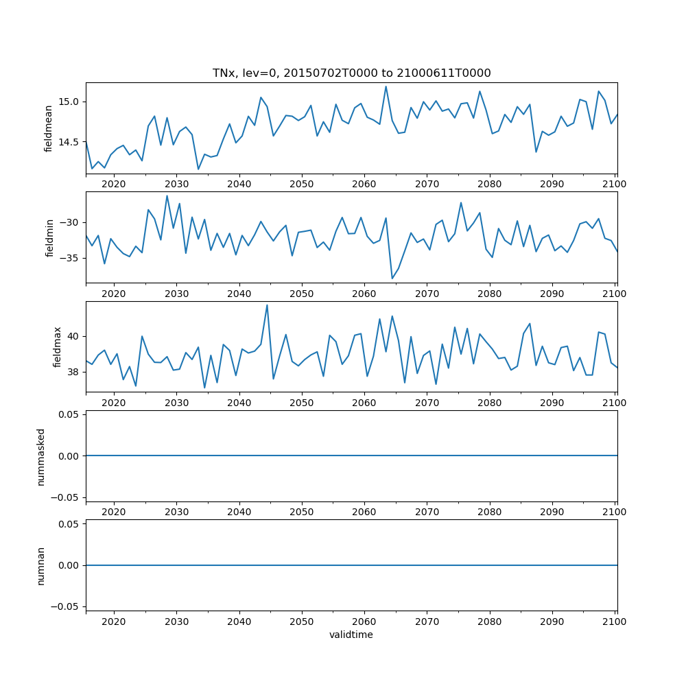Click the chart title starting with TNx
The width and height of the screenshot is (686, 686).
point(351,73)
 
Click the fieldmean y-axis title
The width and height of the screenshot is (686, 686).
point(49,128)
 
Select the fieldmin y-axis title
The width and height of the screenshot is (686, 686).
point(49,237)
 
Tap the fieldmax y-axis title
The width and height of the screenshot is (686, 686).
point(58,346)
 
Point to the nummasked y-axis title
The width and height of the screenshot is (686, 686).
point(40,456)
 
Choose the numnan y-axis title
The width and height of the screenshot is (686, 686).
point(40,565)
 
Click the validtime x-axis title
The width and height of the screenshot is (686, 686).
point(351,635)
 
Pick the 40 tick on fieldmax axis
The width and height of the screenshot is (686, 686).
point(74,336)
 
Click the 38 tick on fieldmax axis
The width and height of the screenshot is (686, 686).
point(74,372)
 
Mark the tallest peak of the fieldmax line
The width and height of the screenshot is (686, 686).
point(267,305)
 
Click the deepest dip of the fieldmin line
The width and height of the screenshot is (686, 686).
point(392,278)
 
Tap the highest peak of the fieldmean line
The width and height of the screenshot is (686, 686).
point(386,86)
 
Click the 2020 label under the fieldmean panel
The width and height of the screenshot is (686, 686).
point(114,185)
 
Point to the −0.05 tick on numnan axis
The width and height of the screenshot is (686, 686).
point(66,606)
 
